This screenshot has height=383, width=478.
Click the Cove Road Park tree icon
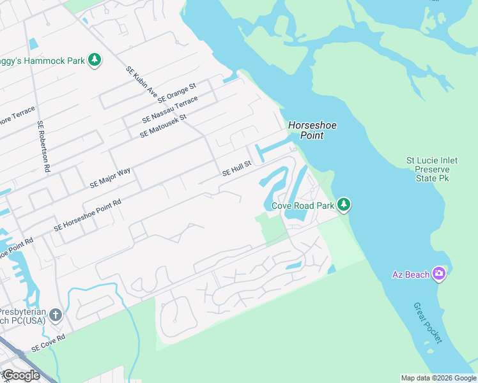click(x=344, y=205)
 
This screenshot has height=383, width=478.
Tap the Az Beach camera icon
click(x=438, y=274)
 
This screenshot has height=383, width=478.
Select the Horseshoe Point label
click(x=311, y=130)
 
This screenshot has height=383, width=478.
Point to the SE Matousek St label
click(x=162, y=126)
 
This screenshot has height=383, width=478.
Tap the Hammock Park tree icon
click(x=95, y=61)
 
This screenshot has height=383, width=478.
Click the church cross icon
click(x=56, y=315)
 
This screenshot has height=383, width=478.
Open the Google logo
click(x=20, y=375)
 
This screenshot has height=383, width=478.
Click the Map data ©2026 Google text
click(x=438, y=378)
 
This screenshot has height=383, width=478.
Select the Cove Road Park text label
click(x=303, y=206)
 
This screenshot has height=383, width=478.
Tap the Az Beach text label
click(x=410, y=275)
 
